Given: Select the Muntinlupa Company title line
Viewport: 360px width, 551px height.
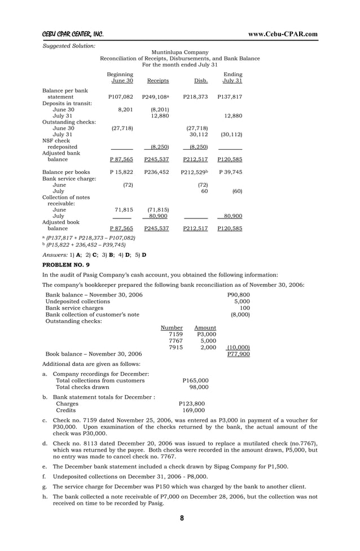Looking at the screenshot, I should pyautogui.click(x=180, y=52).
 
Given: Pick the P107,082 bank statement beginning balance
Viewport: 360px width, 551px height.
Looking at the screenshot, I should pyautogui.click(x=120, y=97).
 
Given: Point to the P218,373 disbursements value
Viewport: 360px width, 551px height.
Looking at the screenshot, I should pyautogui.click(x=195, y=97).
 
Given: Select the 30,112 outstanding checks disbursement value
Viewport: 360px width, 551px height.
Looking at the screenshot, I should pyautogui.click(x=197, y=134).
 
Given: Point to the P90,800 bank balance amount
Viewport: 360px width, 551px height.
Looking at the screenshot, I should pyautogui.click(x=238, y=295).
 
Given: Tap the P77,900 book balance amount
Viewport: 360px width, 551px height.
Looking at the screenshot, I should pyautogui.click(x=239, y=354).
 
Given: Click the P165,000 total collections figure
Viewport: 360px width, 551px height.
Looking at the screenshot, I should pyautogui.click(x=195, y=381).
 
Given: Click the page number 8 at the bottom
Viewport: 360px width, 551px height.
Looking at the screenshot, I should pyautogui.click(x=181, y=518).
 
